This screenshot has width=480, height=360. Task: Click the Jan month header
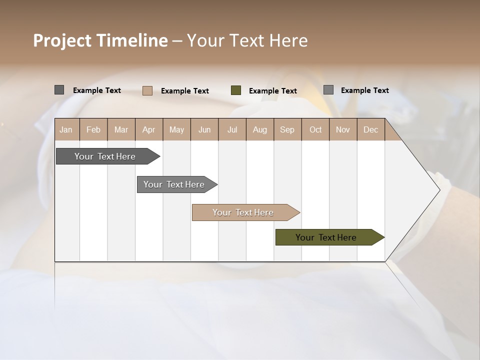coord(66,130)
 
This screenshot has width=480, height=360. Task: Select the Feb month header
coord(93,130)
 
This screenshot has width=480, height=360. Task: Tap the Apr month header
coord(148,130)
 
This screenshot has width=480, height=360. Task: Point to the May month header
coord(176,130)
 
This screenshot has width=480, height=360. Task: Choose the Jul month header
coord(232,130)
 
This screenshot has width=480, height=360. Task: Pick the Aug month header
coord(259,130)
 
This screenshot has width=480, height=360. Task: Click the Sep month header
coord(287,130)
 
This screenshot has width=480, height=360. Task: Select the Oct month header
coord(315,130)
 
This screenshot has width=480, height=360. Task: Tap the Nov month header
coord(343,130)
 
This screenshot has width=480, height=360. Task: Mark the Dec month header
coord(370,130)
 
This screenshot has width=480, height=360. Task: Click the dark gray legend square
coord(59,90)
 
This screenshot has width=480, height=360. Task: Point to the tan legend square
coord(147,90)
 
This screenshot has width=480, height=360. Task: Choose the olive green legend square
coord(236,90)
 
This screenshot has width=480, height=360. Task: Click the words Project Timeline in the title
coord(100,40)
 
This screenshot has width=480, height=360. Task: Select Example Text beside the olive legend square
coord(273,91)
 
